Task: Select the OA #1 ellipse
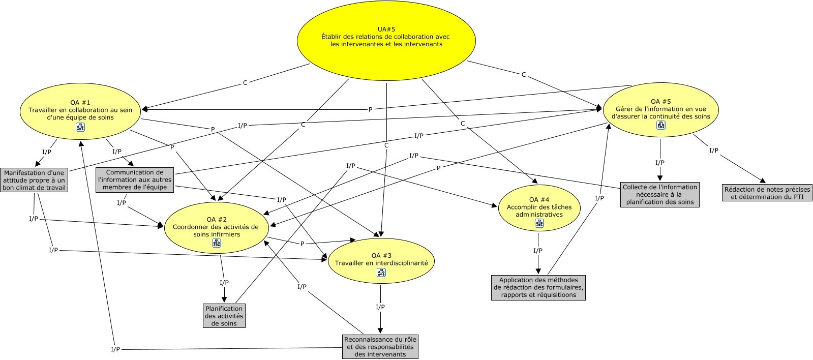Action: click(x=80, y=109)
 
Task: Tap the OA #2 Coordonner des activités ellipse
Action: click(x=216, y=227)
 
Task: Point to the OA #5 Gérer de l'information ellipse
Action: click(x=660, y=109)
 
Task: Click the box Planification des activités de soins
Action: click(x=224, y=316)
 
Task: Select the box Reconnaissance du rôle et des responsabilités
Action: click(x=380, y=347)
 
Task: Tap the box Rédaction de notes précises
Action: click(x=767, y=193)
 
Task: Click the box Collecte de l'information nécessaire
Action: click(x=659, y=195)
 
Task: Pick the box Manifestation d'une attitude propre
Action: click(x=34, y=180)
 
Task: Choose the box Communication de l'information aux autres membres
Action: click(x=135, y=180)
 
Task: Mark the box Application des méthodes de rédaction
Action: click(x=538, y=287)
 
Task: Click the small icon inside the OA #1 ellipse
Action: click(x=80, y=127)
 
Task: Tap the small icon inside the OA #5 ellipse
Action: click(x=660, y=126)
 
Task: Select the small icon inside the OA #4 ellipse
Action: click(x=539, y=223)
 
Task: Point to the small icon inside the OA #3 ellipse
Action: click(x=381, y=273)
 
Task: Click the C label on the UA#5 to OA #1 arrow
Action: click(x=245, y=82)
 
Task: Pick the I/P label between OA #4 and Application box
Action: click(x=538, y=251)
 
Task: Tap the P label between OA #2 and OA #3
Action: click(x=302, y=244)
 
